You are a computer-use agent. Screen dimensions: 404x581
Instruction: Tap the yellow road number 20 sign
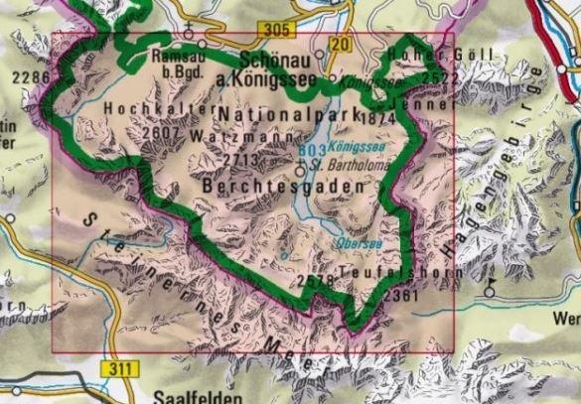pyautogui.click(x=341, y=46)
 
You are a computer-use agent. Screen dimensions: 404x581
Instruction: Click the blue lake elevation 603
pyautogui.click(x=311, y=151)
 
